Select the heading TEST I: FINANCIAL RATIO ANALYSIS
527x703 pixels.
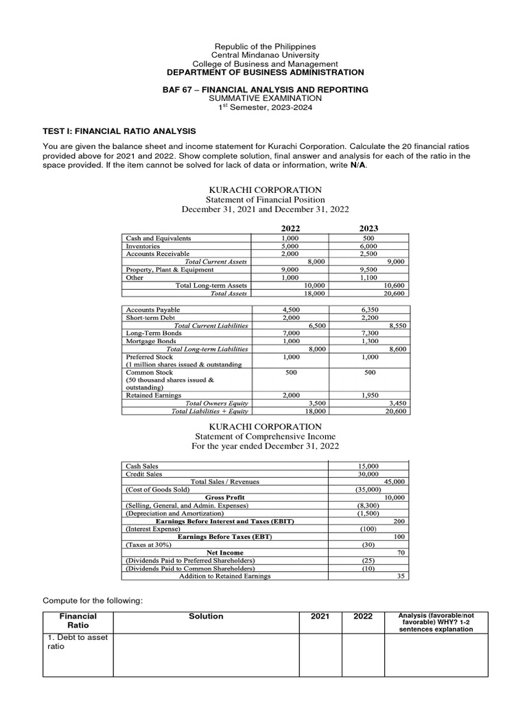tap(119, 130)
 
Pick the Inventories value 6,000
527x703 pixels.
tap(369, 246)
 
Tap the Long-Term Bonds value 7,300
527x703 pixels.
tap(369, 334)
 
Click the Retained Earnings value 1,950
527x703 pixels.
tap(369, 395)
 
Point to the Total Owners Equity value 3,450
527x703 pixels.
tap(398, 403)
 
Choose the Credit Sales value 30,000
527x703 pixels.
tap(368, 474)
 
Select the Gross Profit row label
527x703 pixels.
tap(225, 497)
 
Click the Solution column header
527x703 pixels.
tap(206, 616)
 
